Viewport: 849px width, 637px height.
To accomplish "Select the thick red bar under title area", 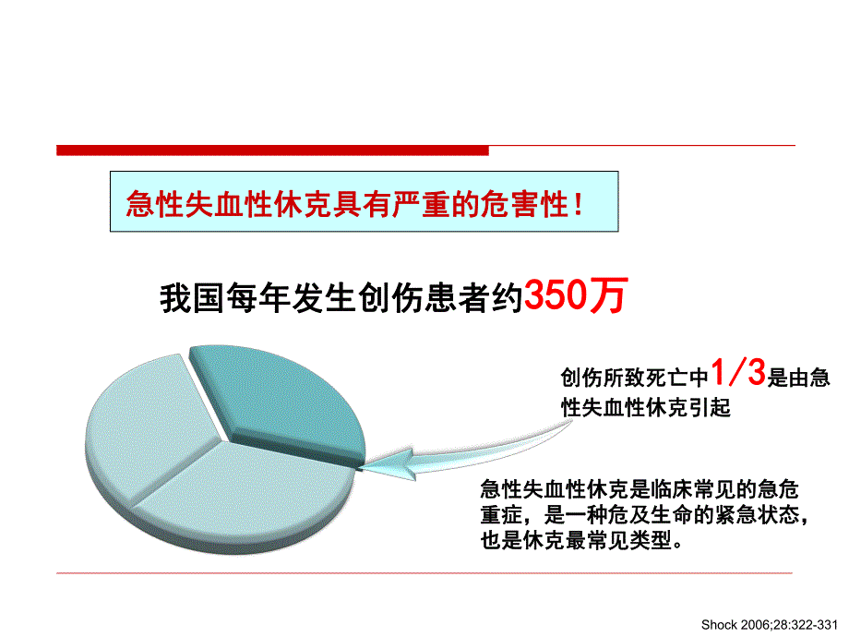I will (x=272, y=150).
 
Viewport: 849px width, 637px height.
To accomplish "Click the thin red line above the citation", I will (x=424, y=573).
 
